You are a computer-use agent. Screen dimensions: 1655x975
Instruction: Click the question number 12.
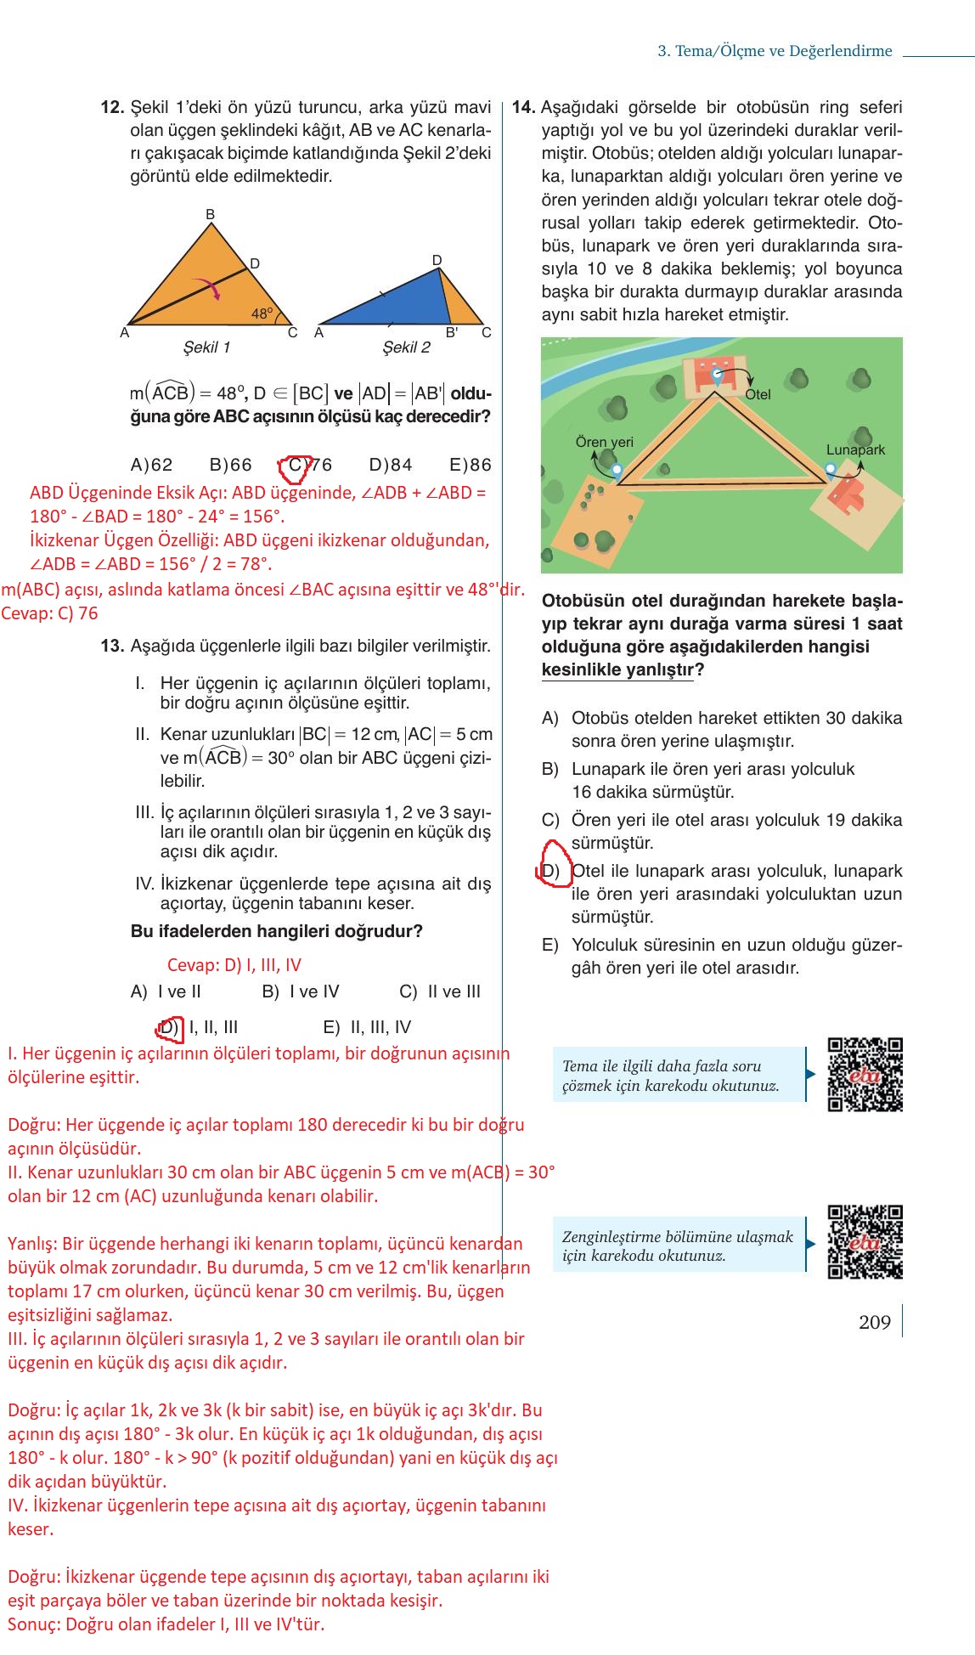[x=112, y=108]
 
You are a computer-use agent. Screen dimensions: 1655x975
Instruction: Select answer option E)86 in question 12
[x=470, y=465]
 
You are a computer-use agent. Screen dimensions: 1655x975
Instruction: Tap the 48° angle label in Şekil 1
[x=262, y=313]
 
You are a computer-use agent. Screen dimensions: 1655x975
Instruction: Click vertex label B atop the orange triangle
[x=211, y=214]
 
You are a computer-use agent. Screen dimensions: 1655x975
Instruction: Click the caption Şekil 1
[x=206, y=347]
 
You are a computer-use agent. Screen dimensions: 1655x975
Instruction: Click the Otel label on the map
[x=758, y=395]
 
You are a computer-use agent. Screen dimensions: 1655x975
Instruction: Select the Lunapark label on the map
[x=855, y=449]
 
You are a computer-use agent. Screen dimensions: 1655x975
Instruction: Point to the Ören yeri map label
[x=604, y=442]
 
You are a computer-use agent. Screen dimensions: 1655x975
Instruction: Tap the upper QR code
[x=865, y=1074]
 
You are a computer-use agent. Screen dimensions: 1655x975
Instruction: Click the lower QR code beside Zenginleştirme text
[x=865, y=1241]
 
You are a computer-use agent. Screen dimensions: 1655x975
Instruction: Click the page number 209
[x=874, y=1322]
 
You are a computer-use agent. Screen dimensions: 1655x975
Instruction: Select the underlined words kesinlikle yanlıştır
[x=617, y=669]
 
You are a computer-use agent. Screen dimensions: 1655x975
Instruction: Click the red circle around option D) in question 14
[x=555, y=865]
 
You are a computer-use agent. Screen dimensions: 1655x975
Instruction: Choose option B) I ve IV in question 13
[x=301, y=991]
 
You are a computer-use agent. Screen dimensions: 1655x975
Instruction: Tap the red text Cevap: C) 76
[x=50, y=613]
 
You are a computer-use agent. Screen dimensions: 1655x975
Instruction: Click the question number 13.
[x=112, y=646]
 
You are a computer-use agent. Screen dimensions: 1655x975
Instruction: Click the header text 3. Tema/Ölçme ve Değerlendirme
[x=775, y=51]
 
